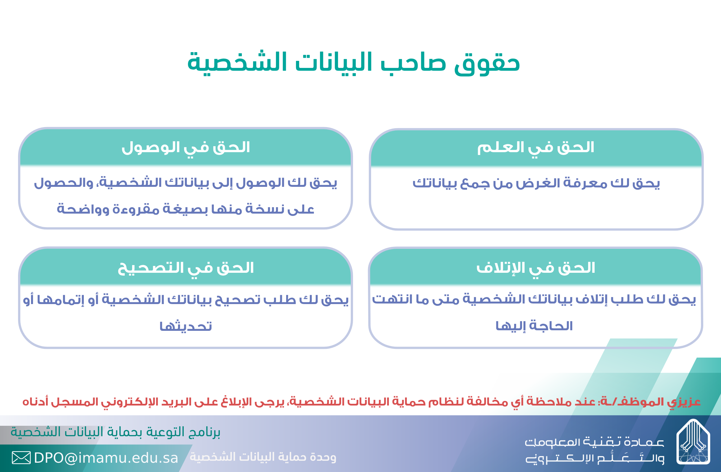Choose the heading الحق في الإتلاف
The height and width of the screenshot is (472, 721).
point(536,268)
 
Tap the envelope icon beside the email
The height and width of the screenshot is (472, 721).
point(21,457)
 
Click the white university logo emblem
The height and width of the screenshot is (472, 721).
point(693,442)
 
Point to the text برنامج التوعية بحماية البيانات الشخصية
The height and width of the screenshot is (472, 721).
point(115,432)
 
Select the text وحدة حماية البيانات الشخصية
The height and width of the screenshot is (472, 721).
point(263,457)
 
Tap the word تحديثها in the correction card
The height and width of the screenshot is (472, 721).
point(186,326)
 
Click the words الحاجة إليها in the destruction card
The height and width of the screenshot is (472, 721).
point(534,326)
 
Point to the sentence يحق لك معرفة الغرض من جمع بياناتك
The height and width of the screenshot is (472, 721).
point(536,184)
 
